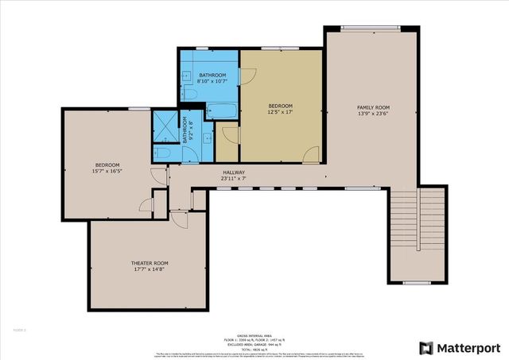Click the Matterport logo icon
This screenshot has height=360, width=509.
425,348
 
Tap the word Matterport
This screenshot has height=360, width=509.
468,348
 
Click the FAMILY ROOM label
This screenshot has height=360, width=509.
372,107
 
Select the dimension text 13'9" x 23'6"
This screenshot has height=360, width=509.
372,114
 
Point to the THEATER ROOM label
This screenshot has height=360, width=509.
150,263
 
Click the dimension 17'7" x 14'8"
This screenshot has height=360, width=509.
150,269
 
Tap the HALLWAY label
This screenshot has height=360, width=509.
233,172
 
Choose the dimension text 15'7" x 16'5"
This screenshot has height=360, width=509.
107,171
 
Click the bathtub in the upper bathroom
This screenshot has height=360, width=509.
222,110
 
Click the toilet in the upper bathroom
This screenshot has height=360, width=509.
192,95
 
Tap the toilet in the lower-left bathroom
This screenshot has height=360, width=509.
162,152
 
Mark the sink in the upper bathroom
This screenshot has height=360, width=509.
185,76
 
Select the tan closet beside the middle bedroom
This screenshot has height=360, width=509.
227,143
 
